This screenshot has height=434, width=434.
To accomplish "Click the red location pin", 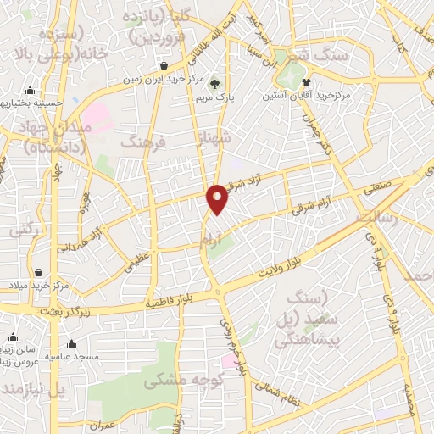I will [x=218, y=199].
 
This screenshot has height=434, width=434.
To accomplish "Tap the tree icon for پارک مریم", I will [x=214, y=83].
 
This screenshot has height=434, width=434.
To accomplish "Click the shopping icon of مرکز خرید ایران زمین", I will [x=164, y=65].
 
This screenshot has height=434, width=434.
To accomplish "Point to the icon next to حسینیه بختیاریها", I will [x=31, y=91].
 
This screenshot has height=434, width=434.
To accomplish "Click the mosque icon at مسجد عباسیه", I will [x=70, y=344].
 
